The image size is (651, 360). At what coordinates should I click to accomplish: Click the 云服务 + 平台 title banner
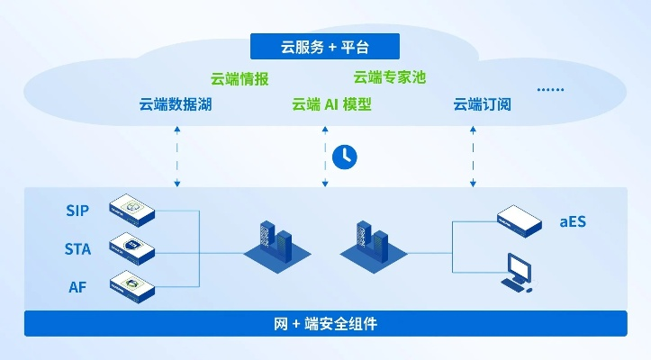324,46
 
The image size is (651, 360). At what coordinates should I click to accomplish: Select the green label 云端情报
240,78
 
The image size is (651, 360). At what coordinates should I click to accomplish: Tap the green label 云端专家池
389,77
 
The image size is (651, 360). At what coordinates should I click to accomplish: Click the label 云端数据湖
176,104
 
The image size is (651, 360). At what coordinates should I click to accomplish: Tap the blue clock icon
344,156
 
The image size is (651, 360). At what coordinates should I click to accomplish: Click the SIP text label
77,211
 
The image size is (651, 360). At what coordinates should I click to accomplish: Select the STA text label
77,248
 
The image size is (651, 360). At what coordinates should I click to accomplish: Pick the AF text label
77,287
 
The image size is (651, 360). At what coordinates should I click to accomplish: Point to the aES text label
573,220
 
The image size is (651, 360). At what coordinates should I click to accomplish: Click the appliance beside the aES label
519,218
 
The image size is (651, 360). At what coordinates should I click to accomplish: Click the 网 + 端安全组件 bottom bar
325,323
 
